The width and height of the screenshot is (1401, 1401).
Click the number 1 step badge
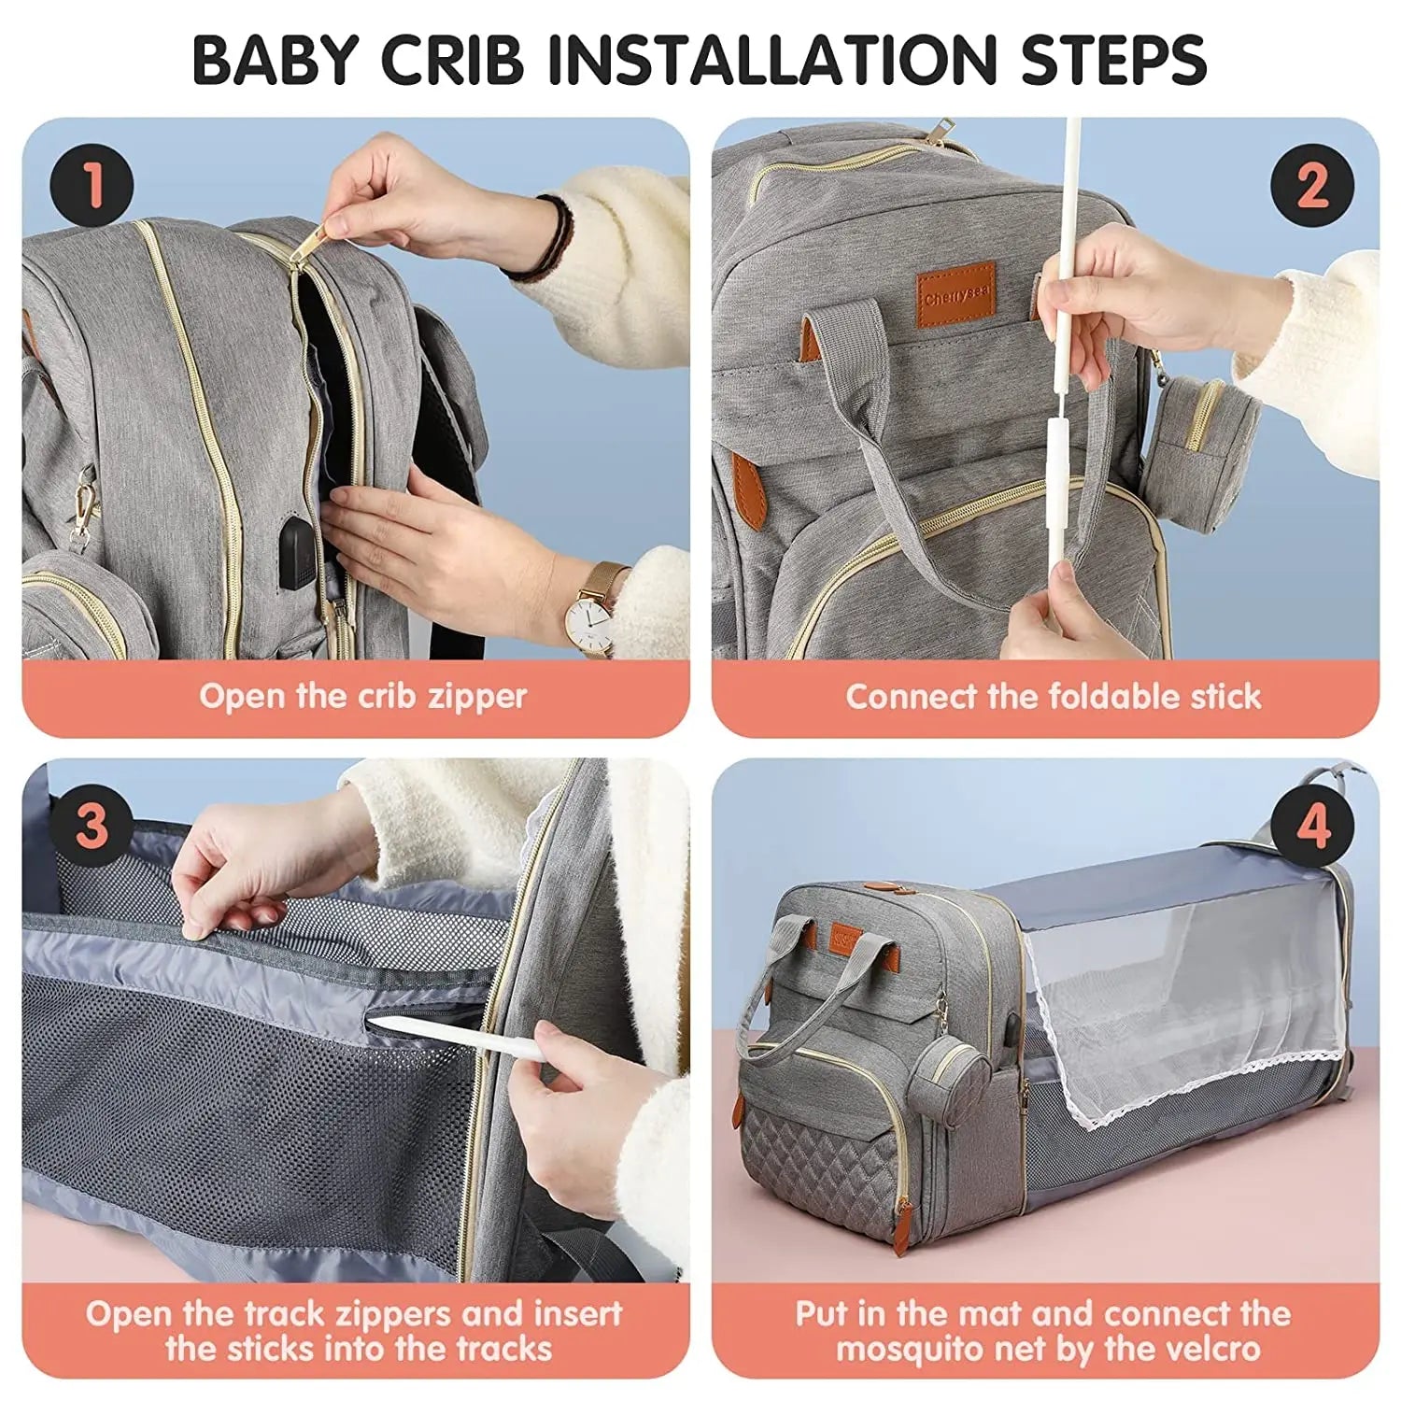92,185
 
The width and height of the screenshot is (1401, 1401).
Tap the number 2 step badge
1311,185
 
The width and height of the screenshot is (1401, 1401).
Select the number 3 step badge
92,826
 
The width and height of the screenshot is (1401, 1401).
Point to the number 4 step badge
1311,826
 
